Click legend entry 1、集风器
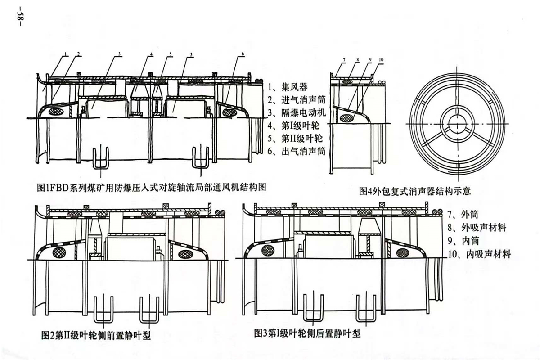pyautogui.click(x=288, y=87)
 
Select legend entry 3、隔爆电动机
pyautogui.click(x=297, y=112)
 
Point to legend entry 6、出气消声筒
pyautogui.click(x=297, y=151)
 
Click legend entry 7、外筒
pyautogui.click(x=463, y=214)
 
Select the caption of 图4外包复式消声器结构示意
pyautogui.click(x=415, y=191)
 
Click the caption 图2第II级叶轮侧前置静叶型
pyautogui.click(x=96, y=335)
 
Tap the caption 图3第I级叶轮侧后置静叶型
pyautogui.click(x=307, y=334)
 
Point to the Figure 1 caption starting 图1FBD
pyautogui.click(x=152, y=187)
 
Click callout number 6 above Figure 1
pyautogui.click(x=243, y=54)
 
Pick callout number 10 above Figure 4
pyautogui.click(x=381, y=60)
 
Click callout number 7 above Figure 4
pyautogui.click(x=344, y=60)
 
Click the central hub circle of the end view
pyautogui.click(x=457, y=124)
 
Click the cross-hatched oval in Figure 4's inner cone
pyautogui.click(x=346, y=118)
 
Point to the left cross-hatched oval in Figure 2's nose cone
pyautogui.click(x=59, y=252)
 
